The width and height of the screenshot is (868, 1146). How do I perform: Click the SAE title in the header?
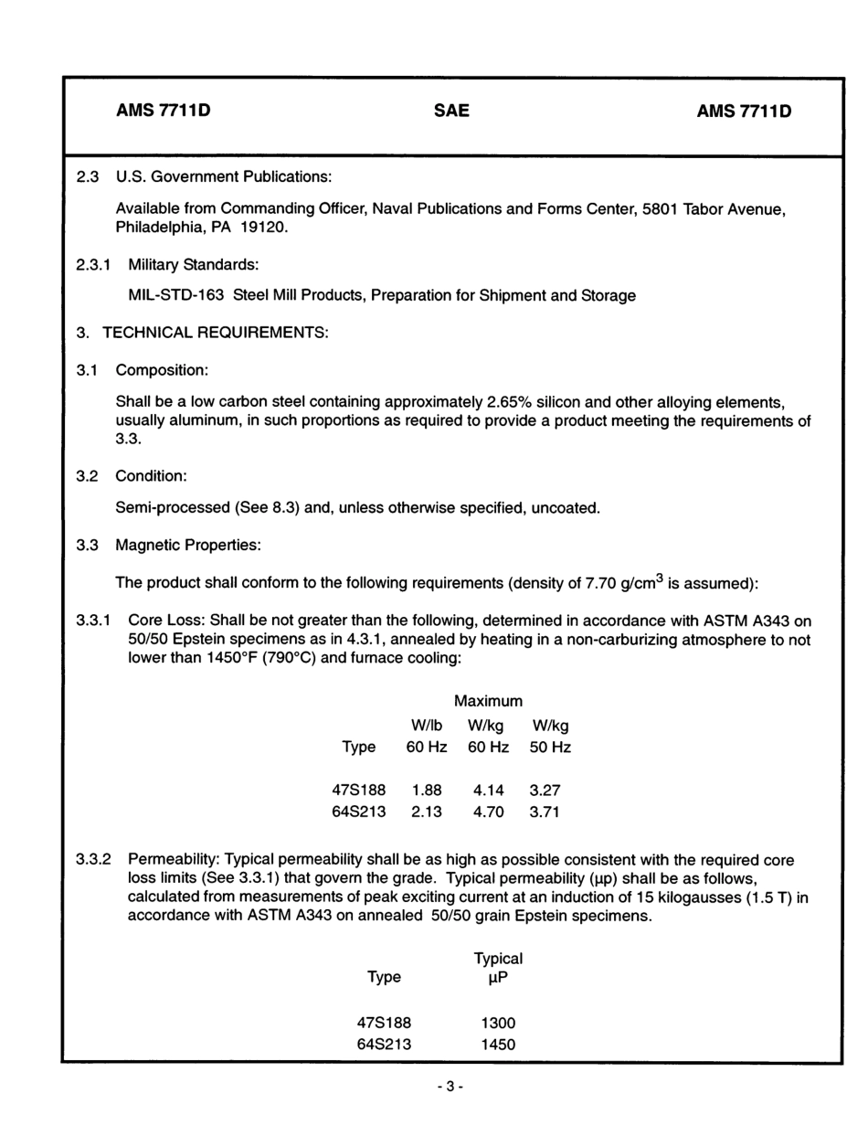coord(451,111)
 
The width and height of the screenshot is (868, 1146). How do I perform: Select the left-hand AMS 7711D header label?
coord(164,111)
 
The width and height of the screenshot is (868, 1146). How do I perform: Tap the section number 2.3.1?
coord(94,264)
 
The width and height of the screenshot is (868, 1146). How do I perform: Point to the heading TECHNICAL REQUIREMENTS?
coord(216,333)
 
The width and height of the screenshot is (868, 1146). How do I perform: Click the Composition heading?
coord(162,370)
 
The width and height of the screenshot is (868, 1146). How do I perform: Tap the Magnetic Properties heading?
coord(188,546)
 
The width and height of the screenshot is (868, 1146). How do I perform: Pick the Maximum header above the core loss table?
coord(489,701)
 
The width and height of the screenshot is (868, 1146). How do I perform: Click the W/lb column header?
coord(427,726)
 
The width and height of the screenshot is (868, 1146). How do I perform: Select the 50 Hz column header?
coord(550,748)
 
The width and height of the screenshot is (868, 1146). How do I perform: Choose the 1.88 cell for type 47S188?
coord(427,791)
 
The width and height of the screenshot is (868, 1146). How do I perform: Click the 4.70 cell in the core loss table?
coord(489,812)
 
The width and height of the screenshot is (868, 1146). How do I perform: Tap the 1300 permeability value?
coord(498,1024)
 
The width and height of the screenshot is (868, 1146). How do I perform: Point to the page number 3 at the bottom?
coord(450,1087)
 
